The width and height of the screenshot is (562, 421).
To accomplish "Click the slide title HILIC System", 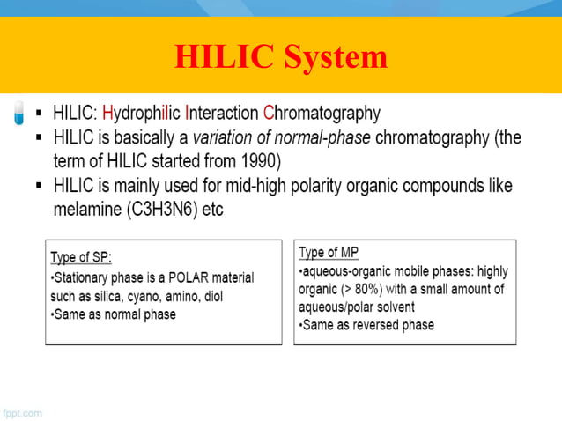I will click(x=281, y=57).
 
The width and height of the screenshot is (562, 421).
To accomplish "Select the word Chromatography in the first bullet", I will click(x=322, y=114).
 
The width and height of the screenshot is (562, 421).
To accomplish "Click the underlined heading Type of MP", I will click(x=329, y=253).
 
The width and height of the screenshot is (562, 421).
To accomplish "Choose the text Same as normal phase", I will click(x=116, y=314).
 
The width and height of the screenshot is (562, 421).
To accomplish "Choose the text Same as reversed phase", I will click(x=369, y=325).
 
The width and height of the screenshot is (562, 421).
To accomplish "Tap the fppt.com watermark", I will click(x=21, y=412).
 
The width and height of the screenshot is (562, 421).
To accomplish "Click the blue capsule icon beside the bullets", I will click(x=19, y=114).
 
